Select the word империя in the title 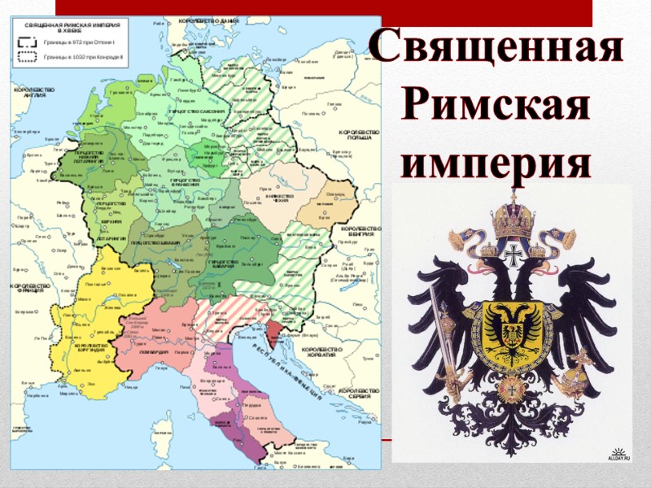click(496, 159)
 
